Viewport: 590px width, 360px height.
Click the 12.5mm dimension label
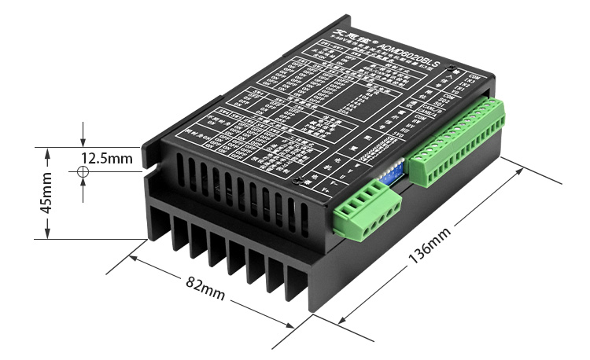tap(106, 158)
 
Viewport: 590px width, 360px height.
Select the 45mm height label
tap(46, 193)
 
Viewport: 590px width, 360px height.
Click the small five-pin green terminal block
tap(366, 211)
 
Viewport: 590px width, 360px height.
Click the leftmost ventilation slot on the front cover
tap(181, 167)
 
